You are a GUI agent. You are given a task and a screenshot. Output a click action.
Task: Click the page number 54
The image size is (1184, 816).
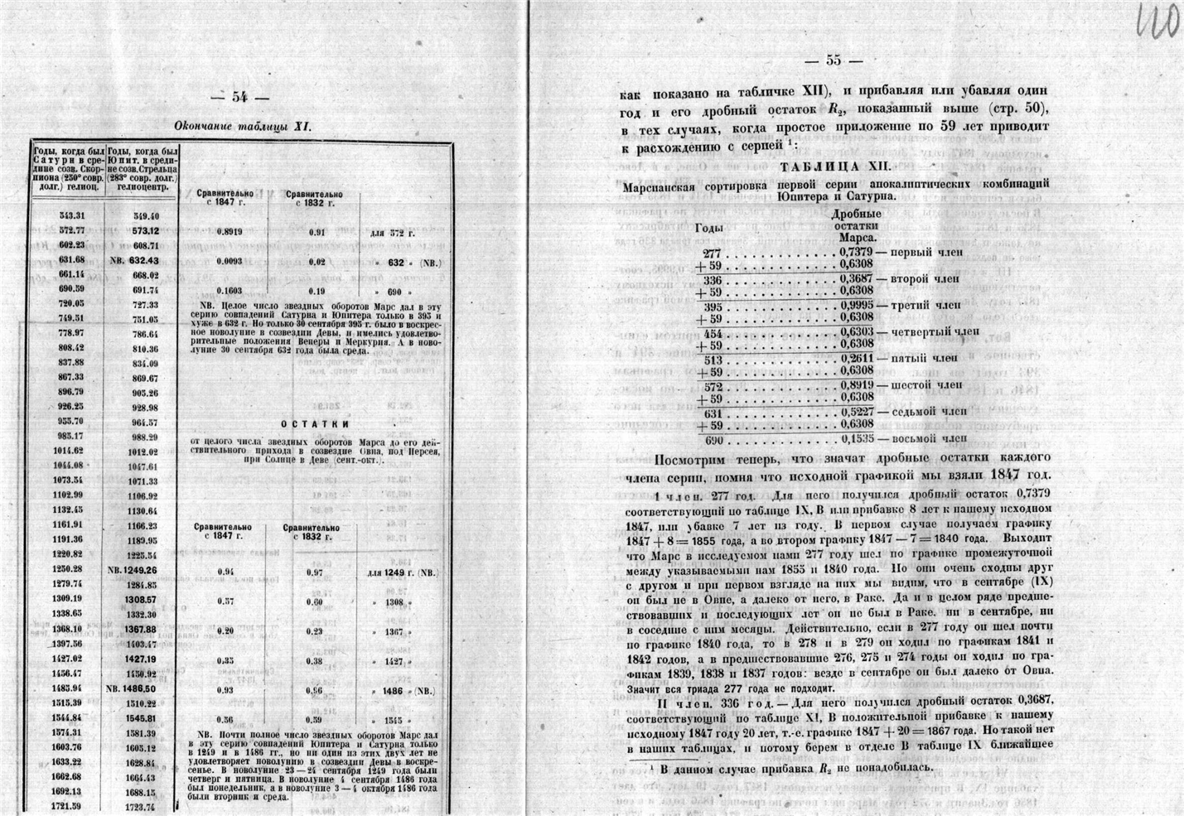(240, 97)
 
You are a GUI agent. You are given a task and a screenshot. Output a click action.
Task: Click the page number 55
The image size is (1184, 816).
(833, 60)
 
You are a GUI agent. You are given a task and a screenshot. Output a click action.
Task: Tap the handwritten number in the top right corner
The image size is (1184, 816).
(1154, 17)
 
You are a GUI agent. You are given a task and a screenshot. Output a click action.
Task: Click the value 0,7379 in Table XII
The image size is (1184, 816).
(856, 250)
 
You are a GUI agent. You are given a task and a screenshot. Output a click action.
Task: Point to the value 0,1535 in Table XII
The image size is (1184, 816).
(856, 439)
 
